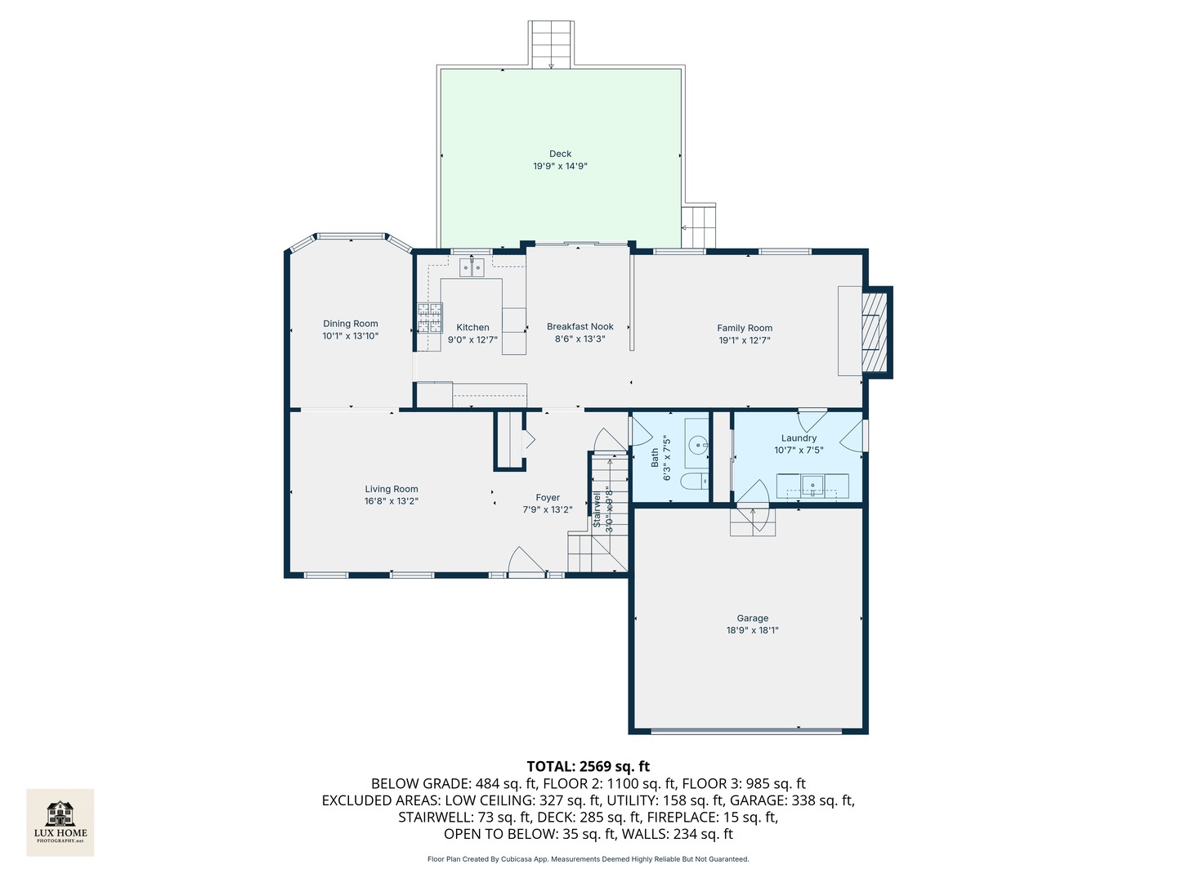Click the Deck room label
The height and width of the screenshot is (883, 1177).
tap(560, 154)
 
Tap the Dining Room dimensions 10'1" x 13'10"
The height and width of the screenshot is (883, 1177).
tap(351, 336)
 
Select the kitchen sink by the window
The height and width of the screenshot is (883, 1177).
tap(472, 267)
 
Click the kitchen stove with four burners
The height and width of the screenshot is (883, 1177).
tap(430, 318)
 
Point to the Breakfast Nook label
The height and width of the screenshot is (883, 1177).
tap(580, 326)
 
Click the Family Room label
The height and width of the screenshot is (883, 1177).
tap(745, 328)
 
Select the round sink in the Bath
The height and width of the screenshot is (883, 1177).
tap(697, 446)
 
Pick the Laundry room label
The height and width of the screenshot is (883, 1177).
tap(799, 438)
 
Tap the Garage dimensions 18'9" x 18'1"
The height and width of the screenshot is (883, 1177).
tap(752, 630)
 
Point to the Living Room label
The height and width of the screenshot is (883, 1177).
tap(392, 489)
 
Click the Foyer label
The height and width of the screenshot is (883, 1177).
tap(548, 497)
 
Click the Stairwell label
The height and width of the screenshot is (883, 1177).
tap(597, 509)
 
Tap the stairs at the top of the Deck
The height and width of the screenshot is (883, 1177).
tap(551, 45)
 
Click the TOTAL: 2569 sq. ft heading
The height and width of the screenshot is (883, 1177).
tap(588, 766)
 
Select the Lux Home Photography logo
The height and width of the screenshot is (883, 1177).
tap(60, 822)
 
